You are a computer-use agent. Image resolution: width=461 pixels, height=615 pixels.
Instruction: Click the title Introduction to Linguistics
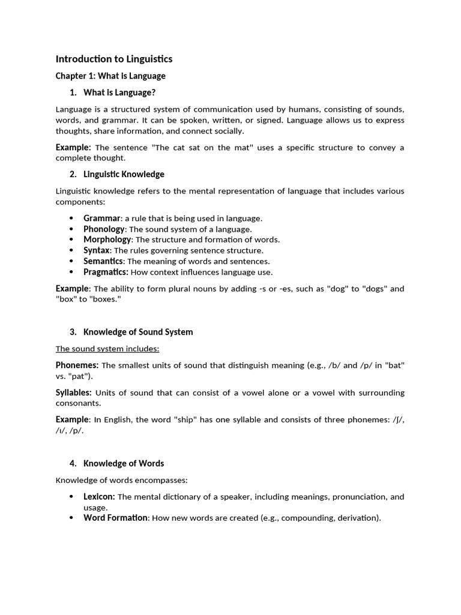114,59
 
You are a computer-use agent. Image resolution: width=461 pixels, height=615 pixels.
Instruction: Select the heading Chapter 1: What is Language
110,76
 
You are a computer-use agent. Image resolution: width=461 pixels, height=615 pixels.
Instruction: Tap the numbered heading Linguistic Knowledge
124,174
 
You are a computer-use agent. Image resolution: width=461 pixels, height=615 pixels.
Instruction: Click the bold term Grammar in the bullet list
101,218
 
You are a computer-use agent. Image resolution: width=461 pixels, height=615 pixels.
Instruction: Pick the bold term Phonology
104,229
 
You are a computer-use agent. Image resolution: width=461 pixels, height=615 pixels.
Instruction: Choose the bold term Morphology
107,239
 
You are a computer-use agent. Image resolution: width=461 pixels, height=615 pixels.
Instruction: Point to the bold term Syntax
97,250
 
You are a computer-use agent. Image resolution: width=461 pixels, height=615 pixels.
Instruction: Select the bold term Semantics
103,261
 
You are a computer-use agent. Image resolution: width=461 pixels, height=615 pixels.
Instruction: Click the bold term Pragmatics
106,271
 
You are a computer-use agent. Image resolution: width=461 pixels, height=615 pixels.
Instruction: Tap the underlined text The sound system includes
107,348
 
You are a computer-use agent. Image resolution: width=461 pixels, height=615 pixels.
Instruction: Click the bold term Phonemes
77,365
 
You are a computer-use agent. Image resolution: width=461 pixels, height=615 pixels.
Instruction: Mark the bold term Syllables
73,393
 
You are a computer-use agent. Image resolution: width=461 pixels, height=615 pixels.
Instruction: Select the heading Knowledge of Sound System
138,332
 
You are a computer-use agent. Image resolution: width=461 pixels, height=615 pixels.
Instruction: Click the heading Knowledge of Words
124,463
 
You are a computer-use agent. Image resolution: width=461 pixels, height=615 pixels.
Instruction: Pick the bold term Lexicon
99,497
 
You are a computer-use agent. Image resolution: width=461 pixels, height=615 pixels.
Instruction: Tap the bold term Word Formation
115,518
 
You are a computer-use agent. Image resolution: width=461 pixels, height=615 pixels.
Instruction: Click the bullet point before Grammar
71,218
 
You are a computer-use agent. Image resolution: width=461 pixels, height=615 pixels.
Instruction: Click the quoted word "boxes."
105,299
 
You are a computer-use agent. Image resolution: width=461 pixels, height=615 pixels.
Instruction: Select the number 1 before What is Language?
73,92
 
